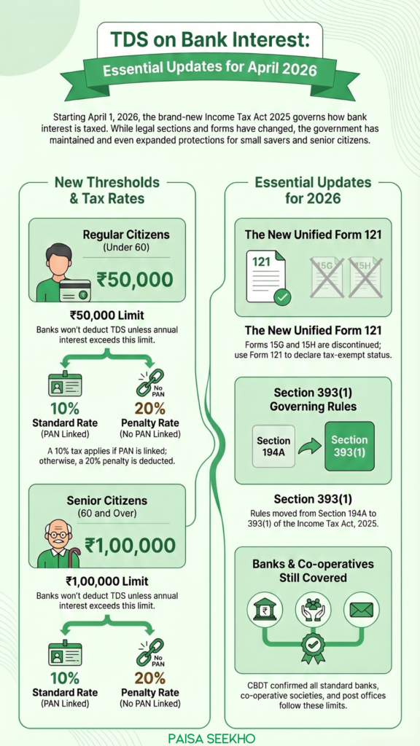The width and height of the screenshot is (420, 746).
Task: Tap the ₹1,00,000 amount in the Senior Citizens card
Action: pyautogui.click(x=130, y=546)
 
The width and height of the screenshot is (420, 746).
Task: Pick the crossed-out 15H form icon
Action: pyautogui.click(x=365, y=277)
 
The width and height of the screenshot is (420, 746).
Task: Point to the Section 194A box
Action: pyautogui.click(x=273, y=446)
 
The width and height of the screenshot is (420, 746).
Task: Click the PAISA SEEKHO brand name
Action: pyautogui.click(x=210, y=737)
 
